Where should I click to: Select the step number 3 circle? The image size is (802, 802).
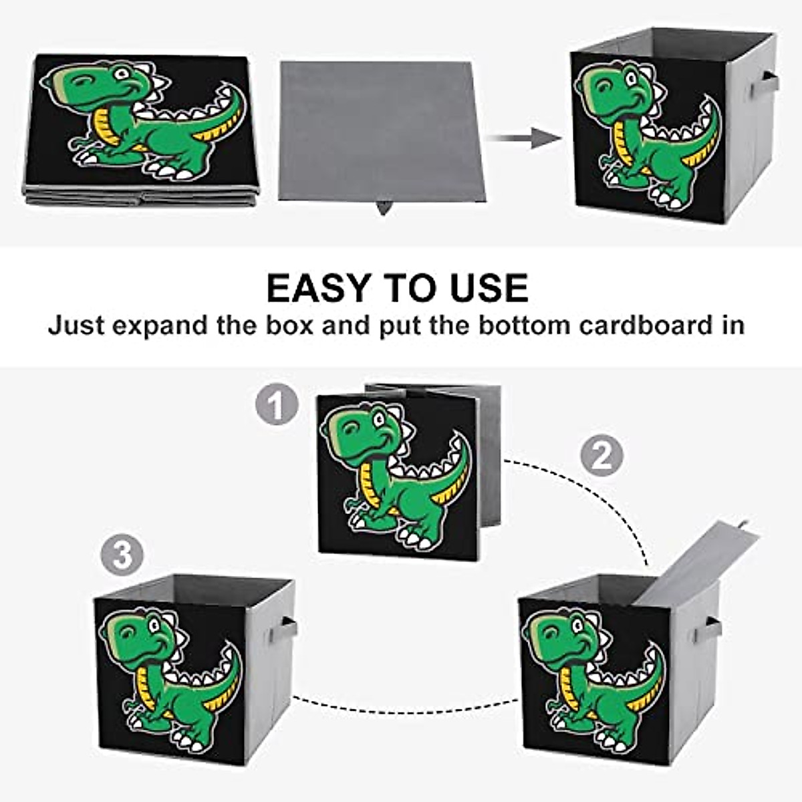click(122, 555)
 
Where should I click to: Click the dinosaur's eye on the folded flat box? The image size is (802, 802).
click(122, 72)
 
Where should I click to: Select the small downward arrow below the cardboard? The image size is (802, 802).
click(382, 208)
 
